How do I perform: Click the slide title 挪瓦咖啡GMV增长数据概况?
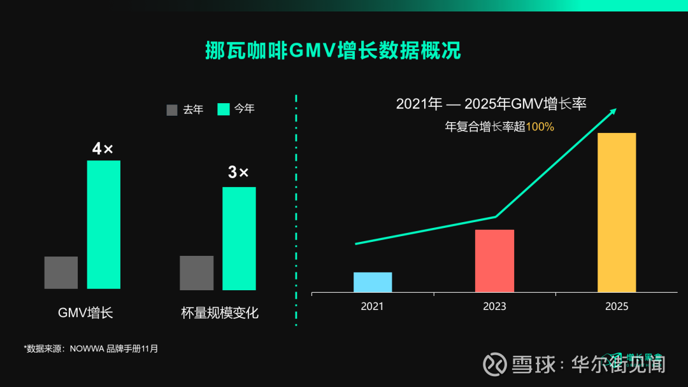[333, 50]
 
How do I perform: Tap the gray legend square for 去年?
[172, 109]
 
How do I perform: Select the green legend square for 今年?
[223, 109]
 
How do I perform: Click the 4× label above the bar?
[103, 149]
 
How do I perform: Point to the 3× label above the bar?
[238, 172]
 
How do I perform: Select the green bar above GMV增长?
[103, 224]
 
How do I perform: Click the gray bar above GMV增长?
[61, 272]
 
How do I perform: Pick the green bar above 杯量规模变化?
[239, 238]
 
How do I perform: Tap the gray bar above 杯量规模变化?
[197, 272]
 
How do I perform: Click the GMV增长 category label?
[85, 313]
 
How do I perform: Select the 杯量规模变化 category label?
[220, 313]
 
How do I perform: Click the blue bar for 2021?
[373, 282]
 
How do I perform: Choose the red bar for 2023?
[494, 261]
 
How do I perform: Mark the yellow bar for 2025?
[617, 213]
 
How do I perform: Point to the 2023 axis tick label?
[494, 306]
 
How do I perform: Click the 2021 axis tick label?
[373, 306]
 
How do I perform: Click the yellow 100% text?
[540, 127]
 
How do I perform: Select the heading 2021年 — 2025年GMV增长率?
[491, 104]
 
